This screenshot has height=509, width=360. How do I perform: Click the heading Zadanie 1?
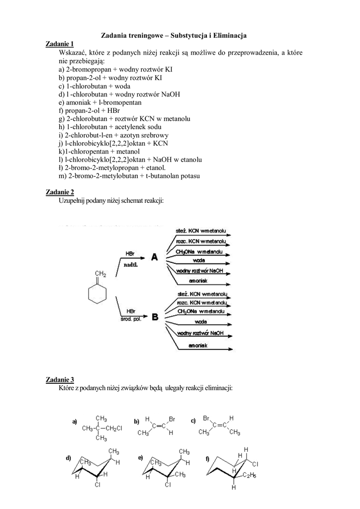[x=59, y=44]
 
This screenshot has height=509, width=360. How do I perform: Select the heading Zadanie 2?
[x=59, y=192]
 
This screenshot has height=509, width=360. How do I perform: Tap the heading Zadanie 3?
[x=59, y=380]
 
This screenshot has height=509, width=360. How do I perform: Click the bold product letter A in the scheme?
[x=154, y=257]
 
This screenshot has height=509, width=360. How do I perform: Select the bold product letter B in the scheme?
[x=155, y=316]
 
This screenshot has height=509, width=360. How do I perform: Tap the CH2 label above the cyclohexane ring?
[x=100, y=274]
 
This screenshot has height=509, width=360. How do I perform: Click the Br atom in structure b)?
[x=172, y=419]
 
